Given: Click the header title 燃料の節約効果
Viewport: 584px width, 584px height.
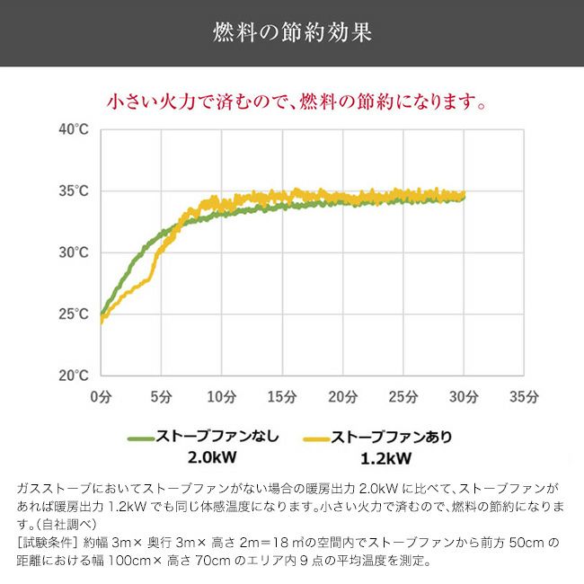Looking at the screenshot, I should pyautogui.click(x=292, y=33).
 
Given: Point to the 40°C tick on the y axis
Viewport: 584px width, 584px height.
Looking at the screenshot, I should pyautogui.click(x=73, y=129).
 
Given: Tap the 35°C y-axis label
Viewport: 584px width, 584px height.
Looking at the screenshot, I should pyautogui.click(x=73, y=190).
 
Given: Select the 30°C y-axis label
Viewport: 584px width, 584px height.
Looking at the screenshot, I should pyautogui.click(x=73, y=252).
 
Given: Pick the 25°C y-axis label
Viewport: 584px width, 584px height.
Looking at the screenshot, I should pyautogui.click(x=73, y=314).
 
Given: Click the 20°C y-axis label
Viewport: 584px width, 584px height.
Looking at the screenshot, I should pyautogui.click(x=73, y=375).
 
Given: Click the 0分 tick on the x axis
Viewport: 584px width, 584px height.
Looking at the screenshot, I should pyautogui.click(x=101, y=395).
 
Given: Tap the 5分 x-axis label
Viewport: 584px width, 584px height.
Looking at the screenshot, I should pyautogui.click(x=161, y=395).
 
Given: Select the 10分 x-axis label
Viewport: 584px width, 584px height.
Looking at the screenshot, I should pyautogui.click(x=221, y=395).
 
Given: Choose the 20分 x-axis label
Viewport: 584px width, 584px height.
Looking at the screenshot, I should pyautogui.click(x=342, y=395).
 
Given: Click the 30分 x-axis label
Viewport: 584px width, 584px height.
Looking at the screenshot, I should pyautogui.click(x=464, y=395).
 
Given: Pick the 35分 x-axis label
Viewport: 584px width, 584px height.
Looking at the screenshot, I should pyautogui.click(x=524, y=395).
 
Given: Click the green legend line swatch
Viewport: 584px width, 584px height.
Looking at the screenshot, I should pyautogui.click(x=141, y=438).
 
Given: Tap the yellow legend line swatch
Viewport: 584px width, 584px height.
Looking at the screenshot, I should pyautogui.click(x=316, y=438).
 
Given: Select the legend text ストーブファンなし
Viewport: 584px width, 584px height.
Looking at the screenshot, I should pyautogui.click(x=217, y=438).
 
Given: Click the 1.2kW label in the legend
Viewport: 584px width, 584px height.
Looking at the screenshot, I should pyautogui.click(x=386, y=459).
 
